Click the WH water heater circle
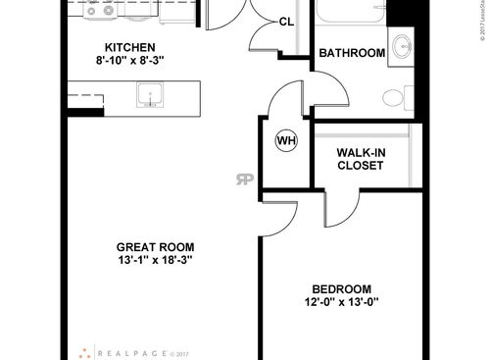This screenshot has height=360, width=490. pos(286,140)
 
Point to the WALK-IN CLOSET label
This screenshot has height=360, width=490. pos(360,159)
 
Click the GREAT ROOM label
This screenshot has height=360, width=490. pos(155,246)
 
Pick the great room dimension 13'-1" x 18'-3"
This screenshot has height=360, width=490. pos(155,260)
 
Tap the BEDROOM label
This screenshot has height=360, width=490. pos(342,288)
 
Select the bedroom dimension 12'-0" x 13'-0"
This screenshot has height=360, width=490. pos(342,302)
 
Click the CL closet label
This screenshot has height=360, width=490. pos(287,22)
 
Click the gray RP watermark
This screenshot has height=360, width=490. pos(242,178)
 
